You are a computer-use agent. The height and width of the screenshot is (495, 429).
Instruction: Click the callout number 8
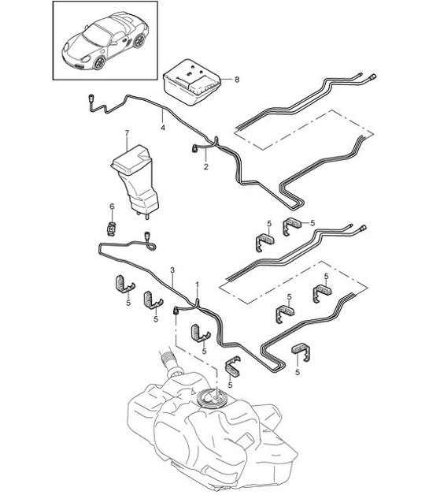[x=235, y=80]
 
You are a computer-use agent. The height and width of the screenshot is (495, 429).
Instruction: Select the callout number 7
[x=125, y=133]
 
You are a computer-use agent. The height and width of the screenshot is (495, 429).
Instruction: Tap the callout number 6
[x=112, y=207]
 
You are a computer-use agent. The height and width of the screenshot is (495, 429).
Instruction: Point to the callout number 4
[x=163, y=127]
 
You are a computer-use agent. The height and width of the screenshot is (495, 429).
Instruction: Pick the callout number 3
[x=172, y=270]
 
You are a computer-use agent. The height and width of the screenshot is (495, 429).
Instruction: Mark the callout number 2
[x=205, y=167]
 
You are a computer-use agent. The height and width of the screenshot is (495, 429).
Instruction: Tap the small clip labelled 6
[x=112, y=228]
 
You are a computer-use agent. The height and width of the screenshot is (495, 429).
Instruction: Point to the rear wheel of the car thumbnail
[x=139, y=41]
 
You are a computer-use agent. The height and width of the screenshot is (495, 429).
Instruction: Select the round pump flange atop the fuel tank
[x=214, y=398]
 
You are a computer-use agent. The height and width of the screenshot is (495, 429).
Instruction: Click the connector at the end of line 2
[x=194, y=147]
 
